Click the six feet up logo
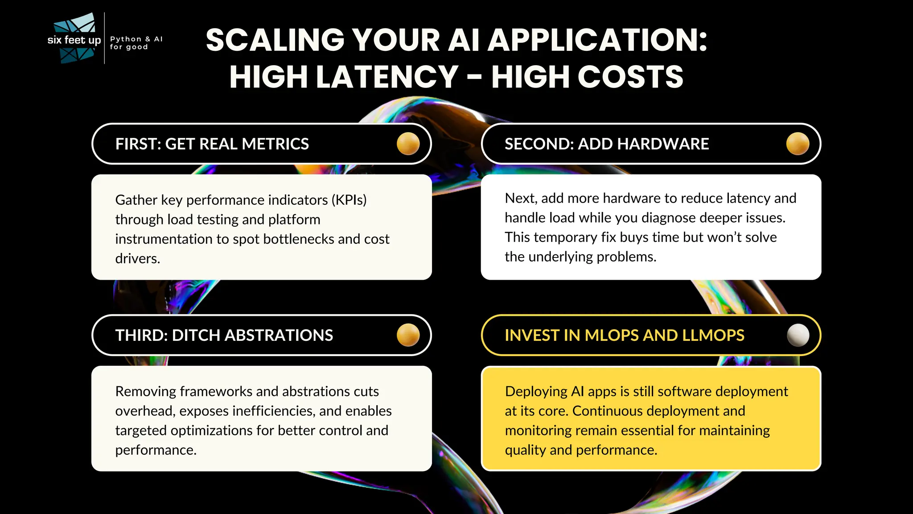coord(74,39)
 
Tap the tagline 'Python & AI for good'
coord(136,43)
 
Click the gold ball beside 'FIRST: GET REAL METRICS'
coord(408,144)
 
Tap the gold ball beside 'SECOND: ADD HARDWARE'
coord(798,144)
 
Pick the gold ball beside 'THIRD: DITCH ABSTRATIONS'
coord(408,335)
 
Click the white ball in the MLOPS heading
coord(798,335)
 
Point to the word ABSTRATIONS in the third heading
coord(275,336)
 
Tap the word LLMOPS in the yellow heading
coord(713,336)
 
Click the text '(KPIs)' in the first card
coord(349,200)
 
